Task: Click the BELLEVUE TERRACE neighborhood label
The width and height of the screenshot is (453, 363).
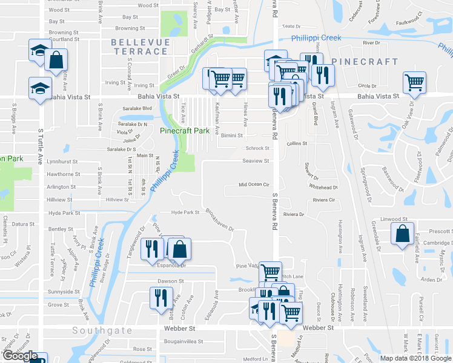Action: tap(139, 47)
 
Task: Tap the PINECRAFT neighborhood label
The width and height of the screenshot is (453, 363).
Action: tap(365, 62)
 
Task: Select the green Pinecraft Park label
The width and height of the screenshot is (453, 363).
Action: tap(188, 131)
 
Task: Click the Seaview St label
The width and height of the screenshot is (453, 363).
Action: tap(256, 161)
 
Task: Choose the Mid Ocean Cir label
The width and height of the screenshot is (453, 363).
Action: tap(253, 185)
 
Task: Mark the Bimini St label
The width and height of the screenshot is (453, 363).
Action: tap(232, 136)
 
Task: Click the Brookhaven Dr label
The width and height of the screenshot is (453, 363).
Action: tap(219, 220)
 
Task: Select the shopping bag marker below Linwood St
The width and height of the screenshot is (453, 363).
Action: tap(403, 234)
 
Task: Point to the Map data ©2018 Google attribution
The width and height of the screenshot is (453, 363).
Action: tap(416, 358)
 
